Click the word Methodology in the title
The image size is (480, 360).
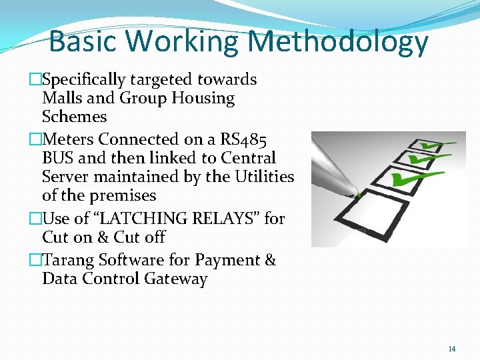338,41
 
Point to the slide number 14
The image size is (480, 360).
452,349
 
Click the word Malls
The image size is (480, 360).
61,98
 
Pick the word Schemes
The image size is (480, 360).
74,117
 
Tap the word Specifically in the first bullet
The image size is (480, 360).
83,79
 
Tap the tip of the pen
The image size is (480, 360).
357,195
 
